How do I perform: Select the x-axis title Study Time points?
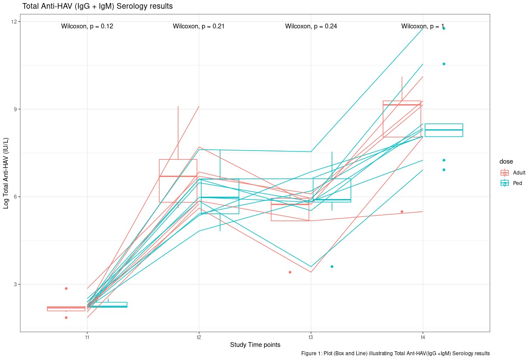(x=255, y=345)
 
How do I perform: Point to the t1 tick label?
(x=87, y=337)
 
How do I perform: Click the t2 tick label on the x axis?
(x=199, y=337)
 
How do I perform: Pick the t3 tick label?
(x=310, y=337)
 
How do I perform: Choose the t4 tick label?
(x=423, y=337)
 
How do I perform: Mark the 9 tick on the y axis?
(x=16, y=109)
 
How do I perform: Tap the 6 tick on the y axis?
(x=16, y=197)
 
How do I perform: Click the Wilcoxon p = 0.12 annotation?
(x=87, y=26)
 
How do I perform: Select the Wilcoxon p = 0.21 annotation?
(x=199, y=26)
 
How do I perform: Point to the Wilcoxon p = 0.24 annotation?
(x=311, y=26)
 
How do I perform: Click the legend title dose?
(x=507, y=162)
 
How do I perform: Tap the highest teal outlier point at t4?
(x=444, y=28)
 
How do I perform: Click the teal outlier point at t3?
(x=332, y=267)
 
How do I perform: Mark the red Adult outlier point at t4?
(x=402, y=212)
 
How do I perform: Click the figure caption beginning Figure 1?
(x=396, y=353)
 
